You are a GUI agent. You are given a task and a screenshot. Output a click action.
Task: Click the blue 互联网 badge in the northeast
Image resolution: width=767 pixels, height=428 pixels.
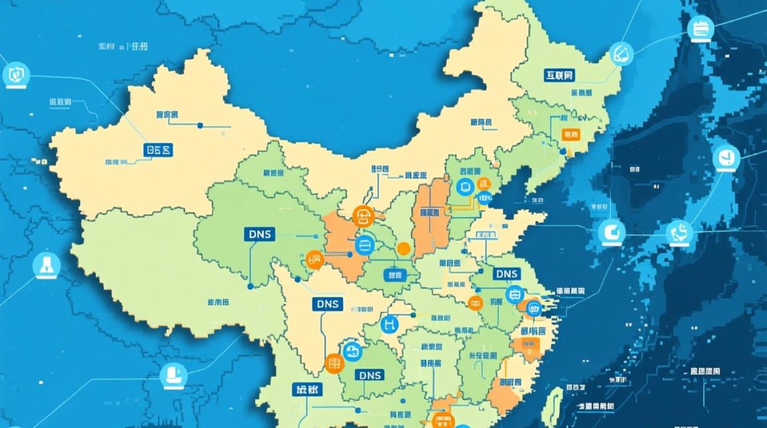click(558, 75)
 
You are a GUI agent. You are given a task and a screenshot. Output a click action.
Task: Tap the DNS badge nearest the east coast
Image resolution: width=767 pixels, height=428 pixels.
click(506, 274)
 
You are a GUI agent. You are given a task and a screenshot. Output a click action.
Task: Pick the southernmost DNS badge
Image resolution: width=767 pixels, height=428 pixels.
click(369, 375)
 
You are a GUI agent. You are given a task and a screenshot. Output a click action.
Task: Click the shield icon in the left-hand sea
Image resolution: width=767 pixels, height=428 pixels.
click(16, 74)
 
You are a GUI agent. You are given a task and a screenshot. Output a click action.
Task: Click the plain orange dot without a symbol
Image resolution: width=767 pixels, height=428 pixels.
click(403, 248)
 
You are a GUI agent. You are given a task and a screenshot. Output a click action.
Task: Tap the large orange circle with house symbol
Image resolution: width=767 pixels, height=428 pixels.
click(363, 216)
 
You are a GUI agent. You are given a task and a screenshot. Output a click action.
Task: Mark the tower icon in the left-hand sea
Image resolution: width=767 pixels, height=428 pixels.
click(46, 265)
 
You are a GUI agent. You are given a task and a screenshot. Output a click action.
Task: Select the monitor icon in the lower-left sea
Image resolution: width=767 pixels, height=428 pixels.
click(173, 374)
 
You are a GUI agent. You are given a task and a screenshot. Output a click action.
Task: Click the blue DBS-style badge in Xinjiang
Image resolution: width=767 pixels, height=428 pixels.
click(159, 150)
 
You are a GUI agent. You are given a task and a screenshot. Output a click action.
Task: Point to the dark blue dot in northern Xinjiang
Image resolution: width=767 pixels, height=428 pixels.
click(200, 125)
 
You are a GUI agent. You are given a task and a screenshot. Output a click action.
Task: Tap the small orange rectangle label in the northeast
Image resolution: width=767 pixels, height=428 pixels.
click(570, 135)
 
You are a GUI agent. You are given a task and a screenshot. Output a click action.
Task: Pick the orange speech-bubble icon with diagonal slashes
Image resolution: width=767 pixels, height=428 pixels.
click(314, 260)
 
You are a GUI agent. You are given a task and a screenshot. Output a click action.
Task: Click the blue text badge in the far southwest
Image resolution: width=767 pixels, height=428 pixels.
click(307, 390)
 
